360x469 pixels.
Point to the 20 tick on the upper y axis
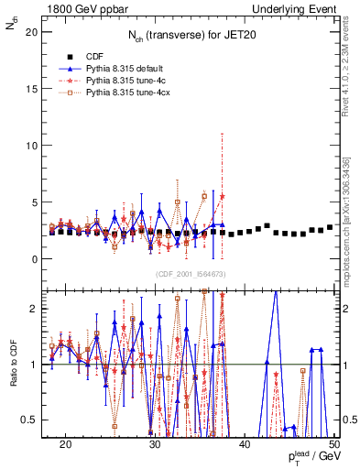point(36,32)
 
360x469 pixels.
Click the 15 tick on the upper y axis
point(36,89)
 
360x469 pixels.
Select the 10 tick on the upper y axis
point(36,146)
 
